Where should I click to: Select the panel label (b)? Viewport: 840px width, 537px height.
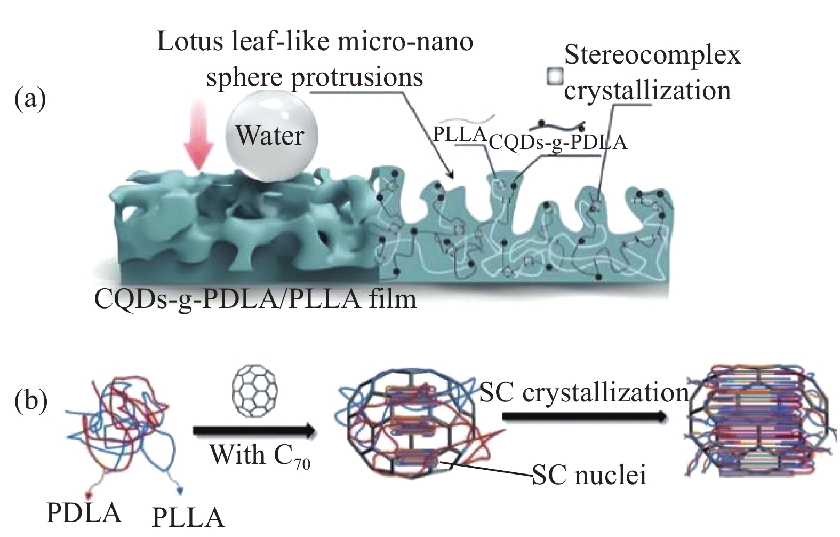(x=30, y=400)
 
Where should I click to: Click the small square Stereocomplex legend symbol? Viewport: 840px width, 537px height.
(x=554, y=77)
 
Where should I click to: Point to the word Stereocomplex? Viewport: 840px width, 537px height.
(x=652, y=55)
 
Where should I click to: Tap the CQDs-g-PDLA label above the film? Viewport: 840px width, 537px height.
(x=557, y=142)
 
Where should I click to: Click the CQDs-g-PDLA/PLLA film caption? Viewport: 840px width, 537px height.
(x=255, y=299)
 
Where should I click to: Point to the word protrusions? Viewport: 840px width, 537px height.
(x=356, y=77)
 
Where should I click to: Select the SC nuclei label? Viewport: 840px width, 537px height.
(x=589, y=474)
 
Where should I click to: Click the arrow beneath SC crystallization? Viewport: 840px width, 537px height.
(x=584, y=417)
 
